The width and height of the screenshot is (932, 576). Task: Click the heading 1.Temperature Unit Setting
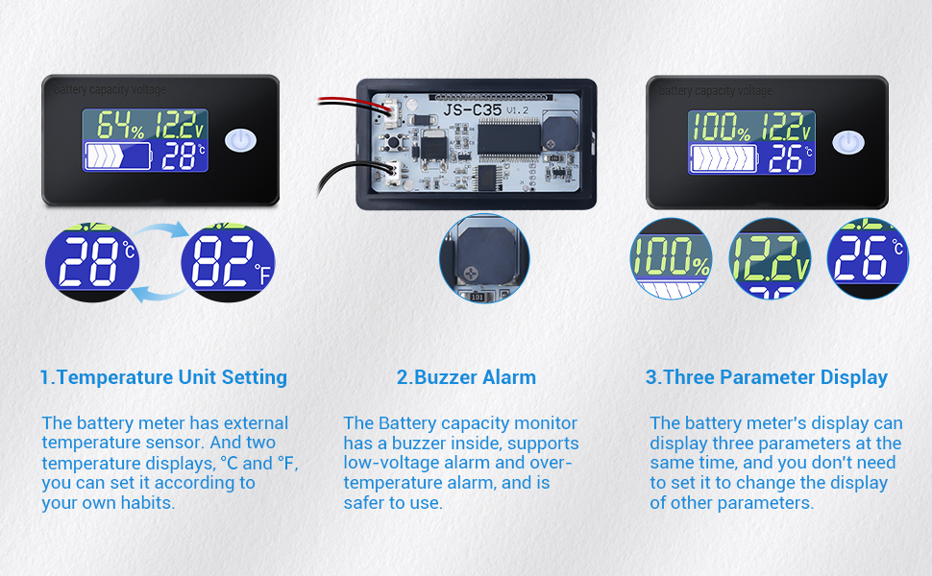coord(163,377)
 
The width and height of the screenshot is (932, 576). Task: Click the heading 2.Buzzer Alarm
coord(466,377)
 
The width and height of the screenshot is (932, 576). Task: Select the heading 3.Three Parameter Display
coord(766,377)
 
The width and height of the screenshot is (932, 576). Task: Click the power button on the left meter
coord(240,140)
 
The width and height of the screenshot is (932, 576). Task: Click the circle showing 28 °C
coord(92,261)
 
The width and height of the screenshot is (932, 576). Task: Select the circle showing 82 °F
coord(228,261)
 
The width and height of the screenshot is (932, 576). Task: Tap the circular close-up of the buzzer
coord(484,257)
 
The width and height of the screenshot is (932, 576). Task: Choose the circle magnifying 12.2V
coord(771,259)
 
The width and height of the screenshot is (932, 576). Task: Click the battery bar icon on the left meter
coord(118,155)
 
